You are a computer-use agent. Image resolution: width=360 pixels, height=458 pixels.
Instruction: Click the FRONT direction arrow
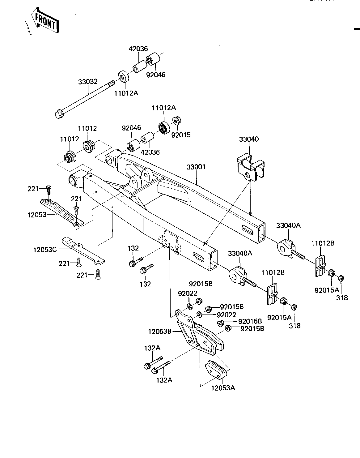pyautogui.click(x=45, y=20)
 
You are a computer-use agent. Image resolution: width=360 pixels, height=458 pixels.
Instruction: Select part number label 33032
pyautogui.click(x=88, y=82)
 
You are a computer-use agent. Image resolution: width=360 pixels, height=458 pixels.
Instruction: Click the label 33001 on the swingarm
pyautogui.click(x=196, y=167)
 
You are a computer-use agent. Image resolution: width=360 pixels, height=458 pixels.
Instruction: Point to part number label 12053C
pyautogui.click(x=45, y=250)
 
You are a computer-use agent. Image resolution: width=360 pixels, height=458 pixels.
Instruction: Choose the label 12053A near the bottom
pyautogui.click(x=223, y=388)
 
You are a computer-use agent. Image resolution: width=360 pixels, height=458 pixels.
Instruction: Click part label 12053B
pyautogui.click(x=160, y=332)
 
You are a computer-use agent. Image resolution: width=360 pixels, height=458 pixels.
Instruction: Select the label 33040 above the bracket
pyautogui.click(x=249, y=139)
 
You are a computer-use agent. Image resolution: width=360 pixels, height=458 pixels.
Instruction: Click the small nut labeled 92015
pyautogui.click(x=176, y=121)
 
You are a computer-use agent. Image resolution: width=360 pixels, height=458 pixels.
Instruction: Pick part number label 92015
pyautogui.click(x=181, y=135)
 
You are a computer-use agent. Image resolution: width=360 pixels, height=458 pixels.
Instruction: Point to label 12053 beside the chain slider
pyautogui.click(x=37, y=215)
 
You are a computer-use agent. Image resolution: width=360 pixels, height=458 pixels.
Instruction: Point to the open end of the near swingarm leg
pyautogui.click(x=213, y=260)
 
